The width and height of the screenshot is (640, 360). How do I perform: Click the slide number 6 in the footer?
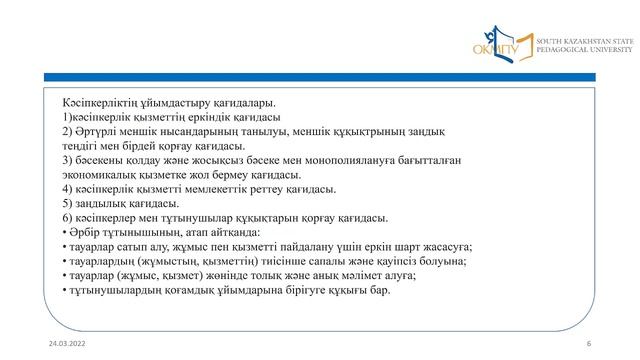pos(589,343)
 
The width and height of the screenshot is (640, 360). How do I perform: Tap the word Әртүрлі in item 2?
pos(97,131)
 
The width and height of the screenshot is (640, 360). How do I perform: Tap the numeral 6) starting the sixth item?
pos(68,217)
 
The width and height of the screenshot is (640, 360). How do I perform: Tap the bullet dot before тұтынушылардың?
pos(64,290)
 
